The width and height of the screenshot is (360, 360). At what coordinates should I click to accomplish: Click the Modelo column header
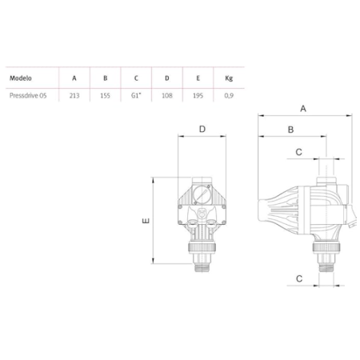pos(21,78)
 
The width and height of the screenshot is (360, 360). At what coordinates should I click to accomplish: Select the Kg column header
pos(229,78)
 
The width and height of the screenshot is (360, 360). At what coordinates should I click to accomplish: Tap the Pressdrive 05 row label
pos(28,95)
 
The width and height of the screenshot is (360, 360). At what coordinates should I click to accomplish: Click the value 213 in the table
pos(74,95)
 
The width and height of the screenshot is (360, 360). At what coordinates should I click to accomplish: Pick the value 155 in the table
pos(105,95)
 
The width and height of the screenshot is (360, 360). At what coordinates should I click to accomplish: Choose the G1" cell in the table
pos(136,95)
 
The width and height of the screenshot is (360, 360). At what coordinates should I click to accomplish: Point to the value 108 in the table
pos(167,95)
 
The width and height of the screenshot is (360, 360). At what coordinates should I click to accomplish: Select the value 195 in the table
pos(198,95)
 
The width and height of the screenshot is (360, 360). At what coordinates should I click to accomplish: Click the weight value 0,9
pos(229,95)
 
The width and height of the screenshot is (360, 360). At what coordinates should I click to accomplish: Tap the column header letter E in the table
pos(198,78)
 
